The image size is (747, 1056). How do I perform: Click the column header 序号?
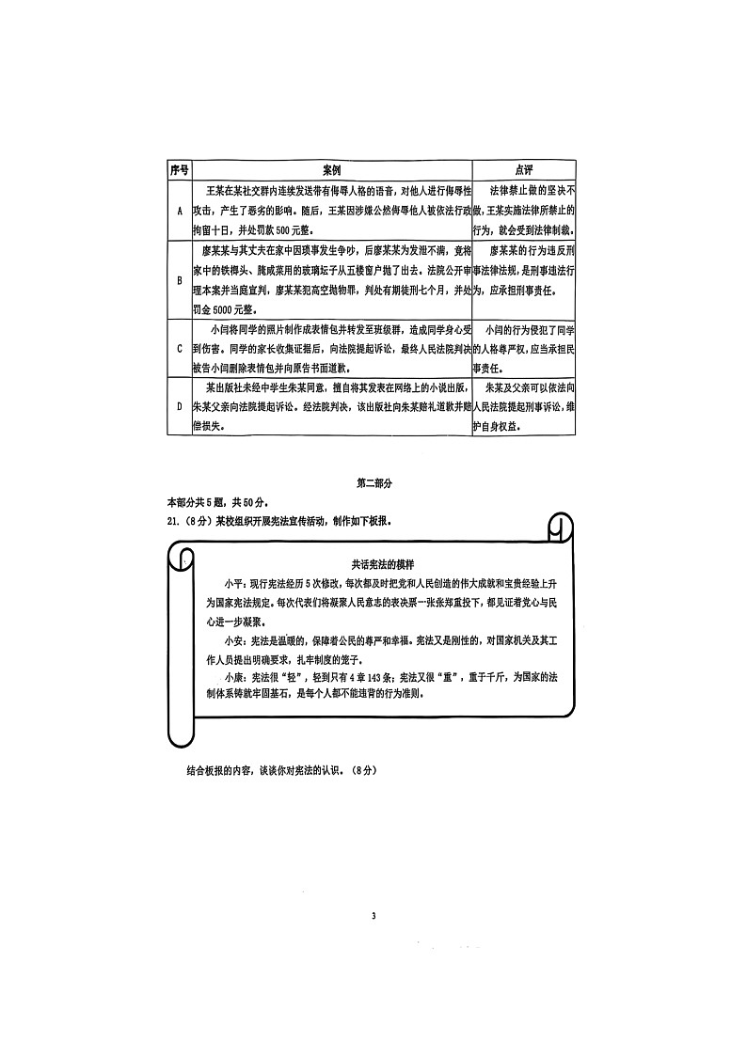(x=179, y=170)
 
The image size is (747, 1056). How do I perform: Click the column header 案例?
(x=331, y=170)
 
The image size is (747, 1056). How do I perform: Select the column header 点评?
(x=523, y=170)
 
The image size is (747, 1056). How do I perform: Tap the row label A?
(x=180, y=211)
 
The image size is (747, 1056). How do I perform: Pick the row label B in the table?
(x=180, y=281)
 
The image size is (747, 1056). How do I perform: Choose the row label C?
(x=180, y=349)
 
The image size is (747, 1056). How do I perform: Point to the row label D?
(x=180, y=406)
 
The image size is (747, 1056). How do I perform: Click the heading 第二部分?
(x=373, y=483)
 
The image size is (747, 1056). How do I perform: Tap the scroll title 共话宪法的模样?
(x=383, y=564)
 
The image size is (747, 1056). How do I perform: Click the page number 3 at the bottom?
(x=373, y=916)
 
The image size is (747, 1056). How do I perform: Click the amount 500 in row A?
(x=283, y=230)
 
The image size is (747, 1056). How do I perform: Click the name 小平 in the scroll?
(x=233, y=584)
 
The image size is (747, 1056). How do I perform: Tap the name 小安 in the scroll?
(x=233, y=640)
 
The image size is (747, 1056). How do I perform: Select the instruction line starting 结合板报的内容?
(x=281, y=770)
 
